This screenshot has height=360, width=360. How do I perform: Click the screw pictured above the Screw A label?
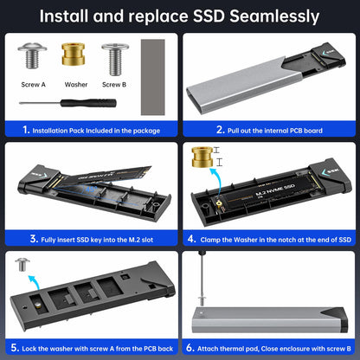coord(33,59)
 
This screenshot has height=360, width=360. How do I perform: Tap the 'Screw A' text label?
coord(34,86)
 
